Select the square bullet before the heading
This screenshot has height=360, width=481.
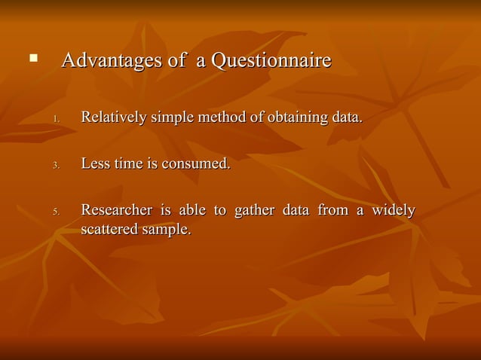[x=32, y=56]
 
